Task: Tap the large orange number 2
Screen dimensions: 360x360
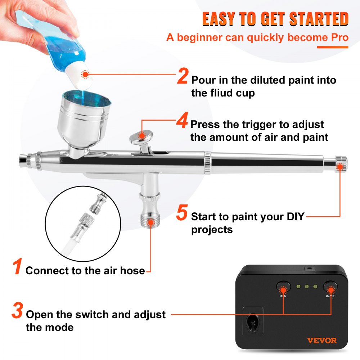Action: pos(183,77)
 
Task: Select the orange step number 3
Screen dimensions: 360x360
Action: pos(17,312)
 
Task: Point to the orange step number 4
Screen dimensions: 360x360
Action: pos(182,122)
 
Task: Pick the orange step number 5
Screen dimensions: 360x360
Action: pos(182,213)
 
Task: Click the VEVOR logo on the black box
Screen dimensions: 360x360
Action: pos(322,340)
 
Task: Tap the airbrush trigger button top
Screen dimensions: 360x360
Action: pos(141,136)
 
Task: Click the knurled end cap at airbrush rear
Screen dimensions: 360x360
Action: pos(340,163)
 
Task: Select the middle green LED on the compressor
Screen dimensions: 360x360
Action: pos(306,287)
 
